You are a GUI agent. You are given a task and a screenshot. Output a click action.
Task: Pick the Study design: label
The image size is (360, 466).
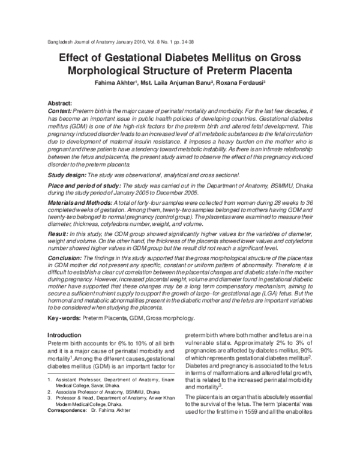tap(67, 175)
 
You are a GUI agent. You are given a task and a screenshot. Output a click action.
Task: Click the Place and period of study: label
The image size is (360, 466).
tap(84, 188)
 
